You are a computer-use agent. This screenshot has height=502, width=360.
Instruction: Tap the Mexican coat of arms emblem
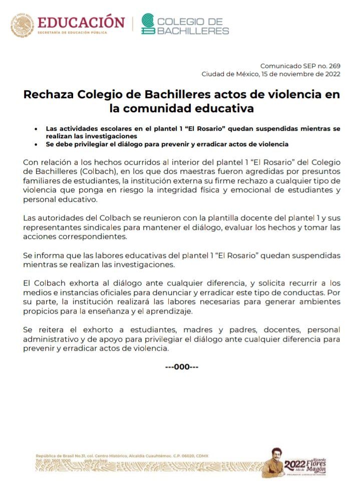23,26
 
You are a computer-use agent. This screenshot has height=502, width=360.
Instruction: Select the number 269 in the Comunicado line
334,66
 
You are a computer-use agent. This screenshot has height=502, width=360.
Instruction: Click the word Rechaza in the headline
48,94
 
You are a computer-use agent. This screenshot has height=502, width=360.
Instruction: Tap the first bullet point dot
36,129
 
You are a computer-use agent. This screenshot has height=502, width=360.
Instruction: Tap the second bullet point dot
36,144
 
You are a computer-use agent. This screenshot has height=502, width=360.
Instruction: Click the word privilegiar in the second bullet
90,144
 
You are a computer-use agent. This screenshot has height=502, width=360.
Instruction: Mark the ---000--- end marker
182,367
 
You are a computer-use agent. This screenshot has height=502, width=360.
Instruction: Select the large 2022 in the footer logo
294,464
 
